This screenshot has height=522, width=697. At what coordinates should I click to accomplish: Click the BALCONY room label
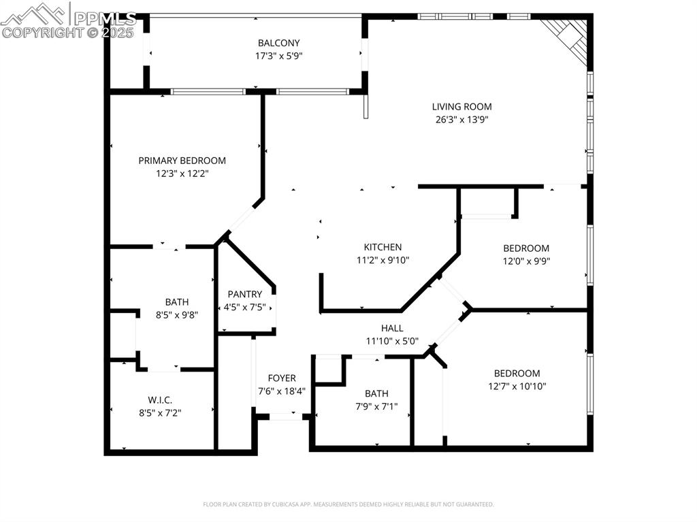278,43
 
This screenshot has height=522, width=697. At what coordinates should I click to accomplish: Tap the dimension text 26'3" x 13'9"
461,119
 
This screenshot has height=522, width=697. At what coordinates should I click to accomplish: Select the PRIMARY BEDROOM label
182,161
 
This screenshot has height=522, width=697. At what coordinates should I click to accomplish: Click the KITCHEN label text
383,247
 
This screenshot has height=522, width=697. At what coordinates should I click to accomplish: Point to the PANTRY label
244,294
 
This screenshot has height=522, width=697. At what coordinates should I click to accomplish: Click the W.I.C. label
160,399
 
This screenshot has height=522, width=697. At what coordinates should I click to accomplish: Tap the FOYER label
281,378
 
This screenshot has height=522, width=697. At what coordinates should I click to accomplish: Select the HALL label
391,328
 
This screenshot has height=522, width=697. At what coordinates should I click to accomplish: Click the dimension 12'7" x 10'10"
517,386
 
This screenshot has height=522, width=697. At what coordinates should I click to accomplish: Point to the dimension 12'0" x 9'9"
525,261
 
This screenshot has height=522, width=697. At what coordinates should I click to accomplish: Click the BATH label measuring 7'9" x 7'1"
376,393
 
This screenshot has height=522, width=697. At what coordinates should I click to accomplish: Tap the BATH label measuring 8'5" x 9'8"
176,301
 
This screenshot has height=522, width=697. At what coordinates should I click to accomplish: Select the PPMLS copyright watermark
68,20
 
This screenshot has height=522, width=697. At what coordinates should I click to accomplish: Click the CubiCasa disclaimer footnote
348,504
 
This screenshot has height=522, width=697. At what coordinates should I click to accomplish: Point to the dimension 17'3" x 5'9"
278,56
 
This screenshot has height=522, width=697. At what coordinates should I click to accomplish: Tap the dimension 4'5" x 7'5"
244,307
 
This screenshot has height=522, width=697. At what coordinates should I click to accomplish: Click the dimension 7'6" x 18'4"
281,391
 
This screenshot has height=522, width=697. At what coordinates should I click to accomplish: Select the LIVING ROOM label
461,106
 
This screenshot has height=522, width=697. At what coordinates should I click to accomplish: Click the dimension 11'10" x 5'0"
391,341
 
